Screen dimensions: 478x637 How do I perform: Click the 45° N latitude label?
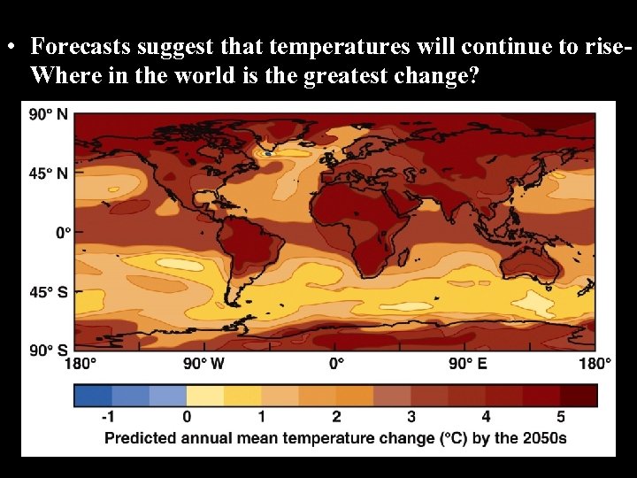click(x=49, y=173)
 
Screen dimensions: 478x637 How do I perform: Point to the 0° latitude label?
click(x=62, y=233)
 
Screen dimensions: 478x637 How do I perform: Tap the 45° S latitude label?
click(x=49, y=292)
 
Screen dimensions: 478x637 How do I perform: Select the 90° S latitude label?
click(x=49, y=351)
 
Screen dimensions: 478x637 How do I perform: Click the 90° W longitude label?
click(x=204, y=364)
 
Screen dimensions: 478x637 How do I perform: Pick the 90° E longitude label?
click(x=467, y=364)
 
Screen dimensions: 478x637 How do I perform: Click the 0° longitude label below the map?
click(x=337, y=364)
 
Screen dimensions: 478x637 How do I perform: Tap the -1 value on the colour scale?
click(x=109, y=416)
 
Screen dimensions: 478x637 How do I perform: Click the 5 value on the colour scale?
click(x=560, y=416)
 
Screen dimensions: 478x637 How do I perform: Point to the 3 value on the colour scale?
click(x=411, y=416)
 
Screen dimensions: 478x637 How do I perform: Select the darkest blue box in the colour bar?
click(x=92, y=395)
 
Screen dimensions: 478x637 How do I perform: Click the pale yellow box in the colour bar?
click(x=204, y=395)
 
